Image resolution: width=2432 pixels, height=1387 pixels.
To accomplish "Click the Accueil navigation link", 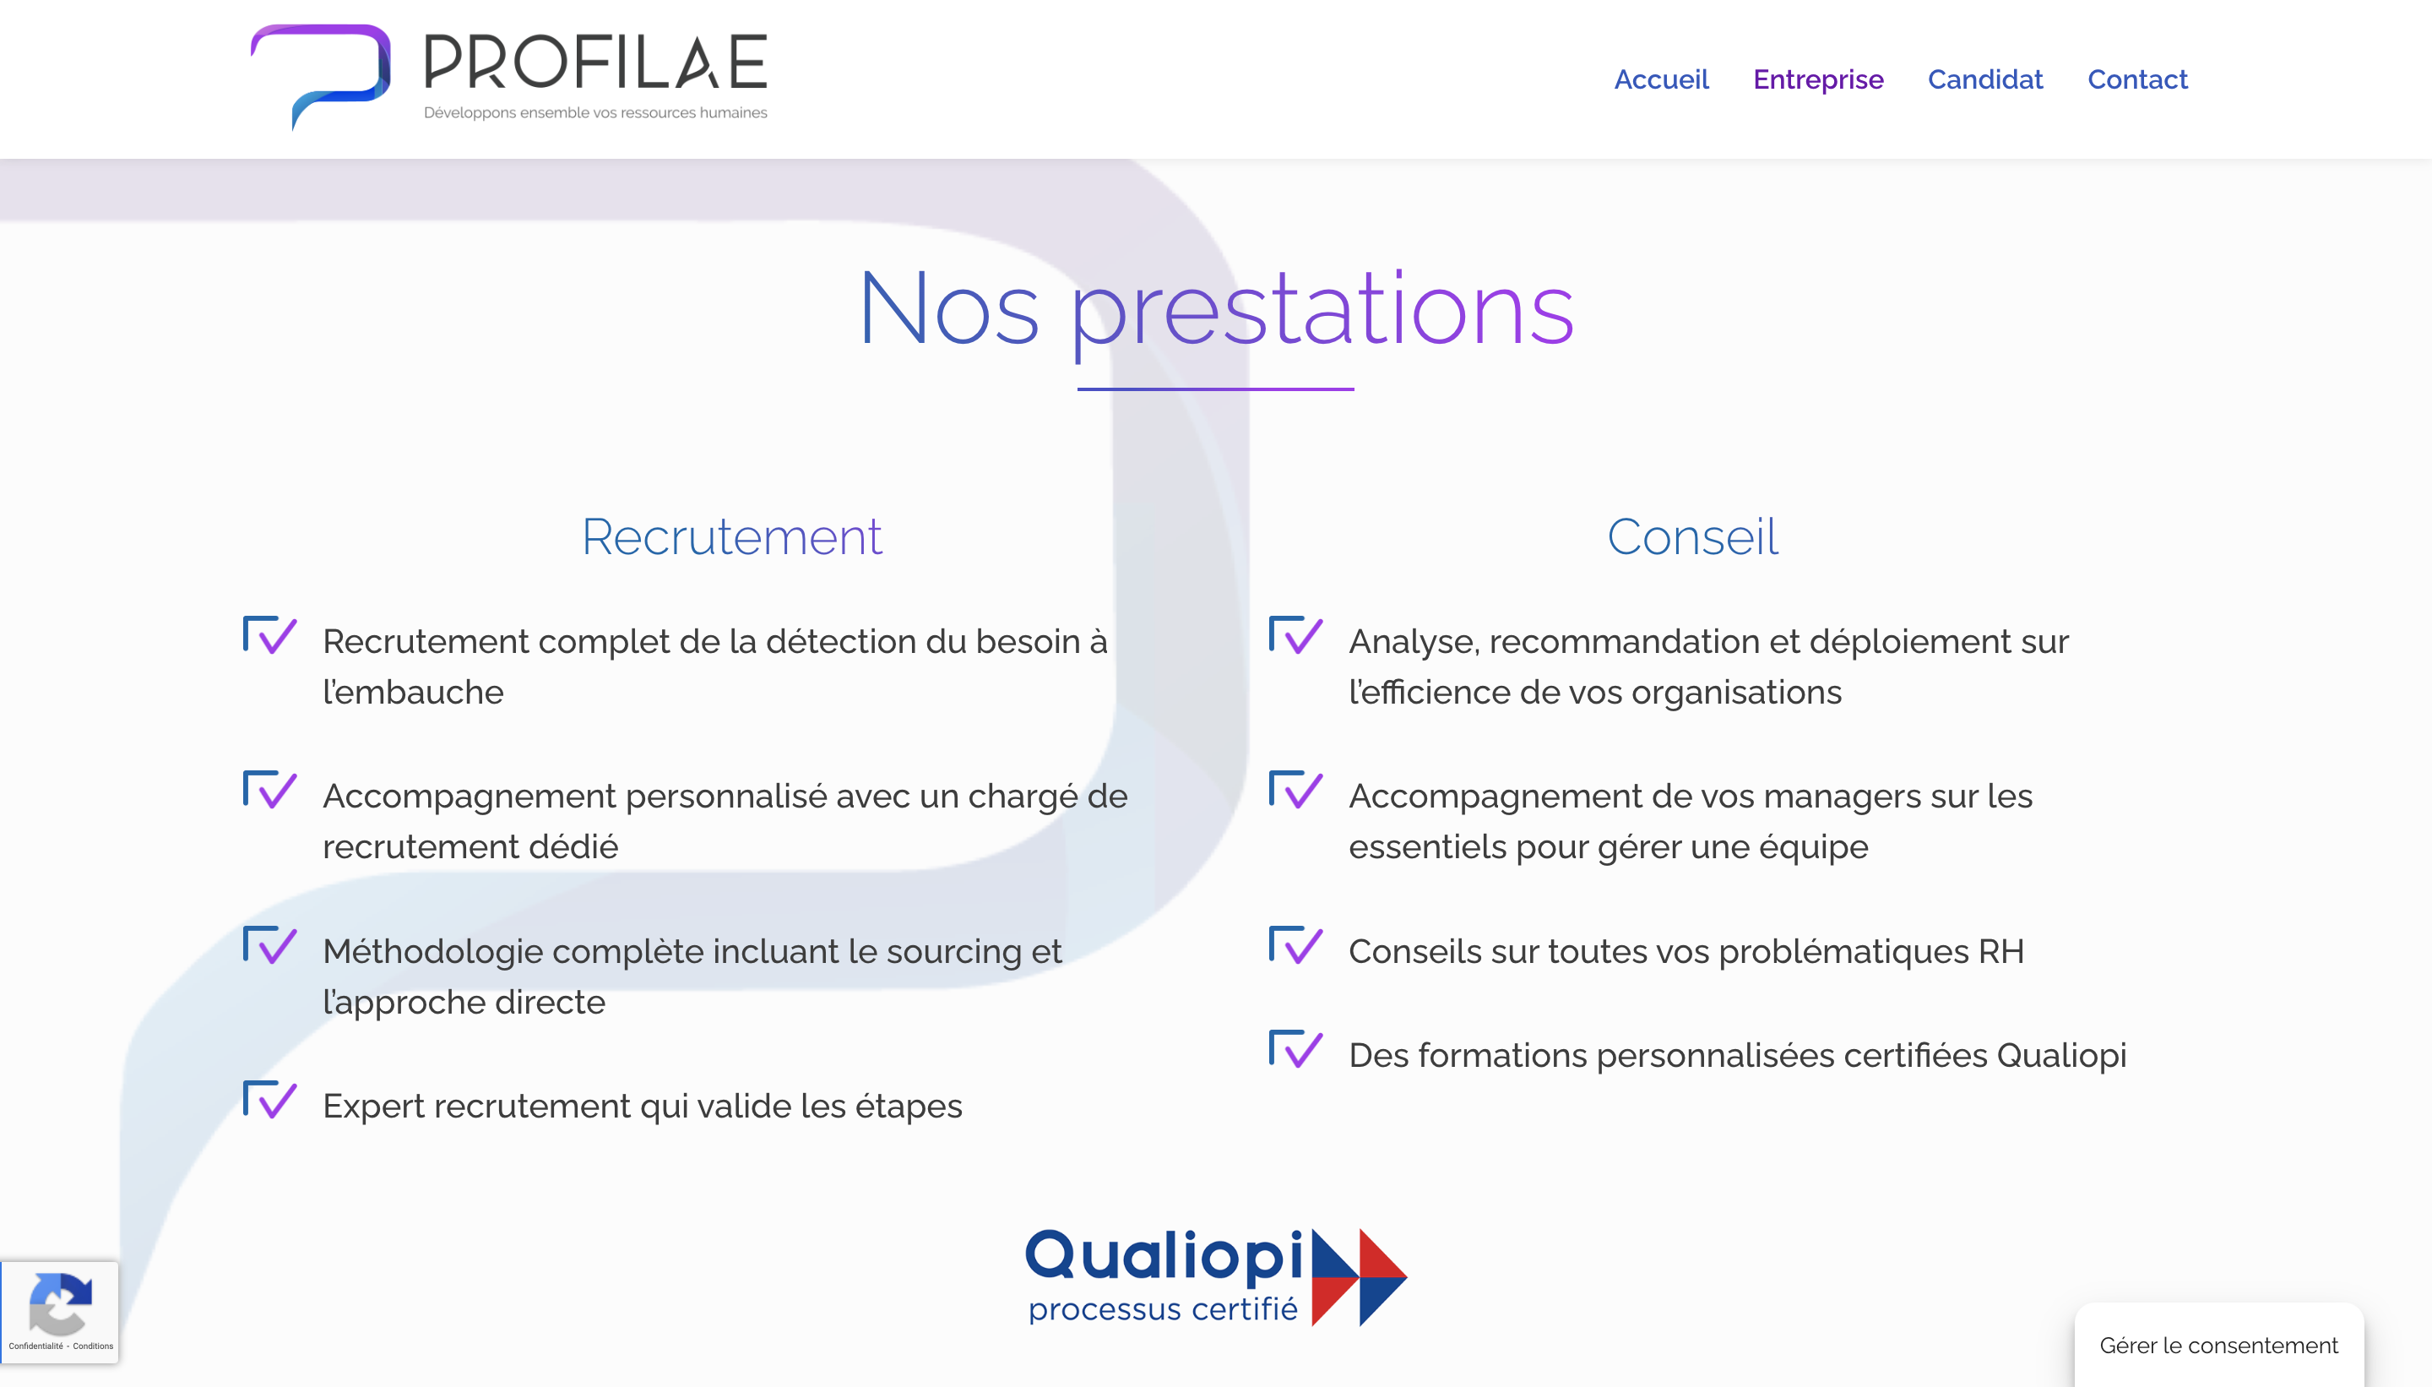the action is click(x=1661, y=79).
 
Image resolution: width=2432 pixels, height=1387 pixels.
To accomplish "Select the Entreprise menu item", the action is click(x=1818, y=79).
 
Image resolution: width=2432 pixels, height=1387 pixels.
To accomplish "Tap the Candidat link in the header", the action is click(x=1985, y=79).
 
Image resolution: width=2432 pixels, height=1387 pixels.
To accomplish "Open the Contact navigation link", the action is click(x=2138, y=79).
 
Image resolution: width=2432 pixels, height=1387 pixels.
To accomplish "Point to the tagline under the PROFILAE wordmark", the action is click(x=595, y=112).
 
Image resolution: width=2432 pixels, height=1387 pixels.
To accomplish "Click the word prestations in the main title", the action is click(x=1322, y=311).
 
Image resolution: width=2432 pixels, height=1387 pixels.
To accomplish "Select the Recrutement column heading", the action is click(x=732, y=536).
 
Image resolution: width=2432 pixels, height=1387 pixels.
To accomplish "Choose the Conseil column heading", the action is click(x=1692, y=536).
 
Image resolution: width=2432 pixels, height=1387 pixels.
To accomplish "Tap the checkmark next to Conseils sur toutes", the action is click(x=1296, y=944).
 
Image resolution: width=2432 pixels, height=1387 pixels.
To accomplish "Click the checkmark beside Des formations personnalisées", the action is click(x=1296, y=1049).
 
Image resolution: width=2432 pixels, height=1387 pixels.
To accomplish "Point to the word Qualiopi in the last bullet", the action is click(x=2060, y=1057).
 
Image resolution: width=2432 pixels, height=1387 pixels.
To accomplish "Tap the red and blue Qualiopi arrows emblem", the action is click(x=1359, y=1277).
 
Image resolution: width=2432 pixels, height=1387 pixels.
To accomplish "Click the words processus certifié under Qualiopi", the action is click(x=1163, y=1310).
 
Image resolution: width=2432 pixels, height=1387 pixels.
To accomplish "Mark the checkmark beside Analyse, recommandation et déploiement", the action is click(x=1296, y=634).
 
